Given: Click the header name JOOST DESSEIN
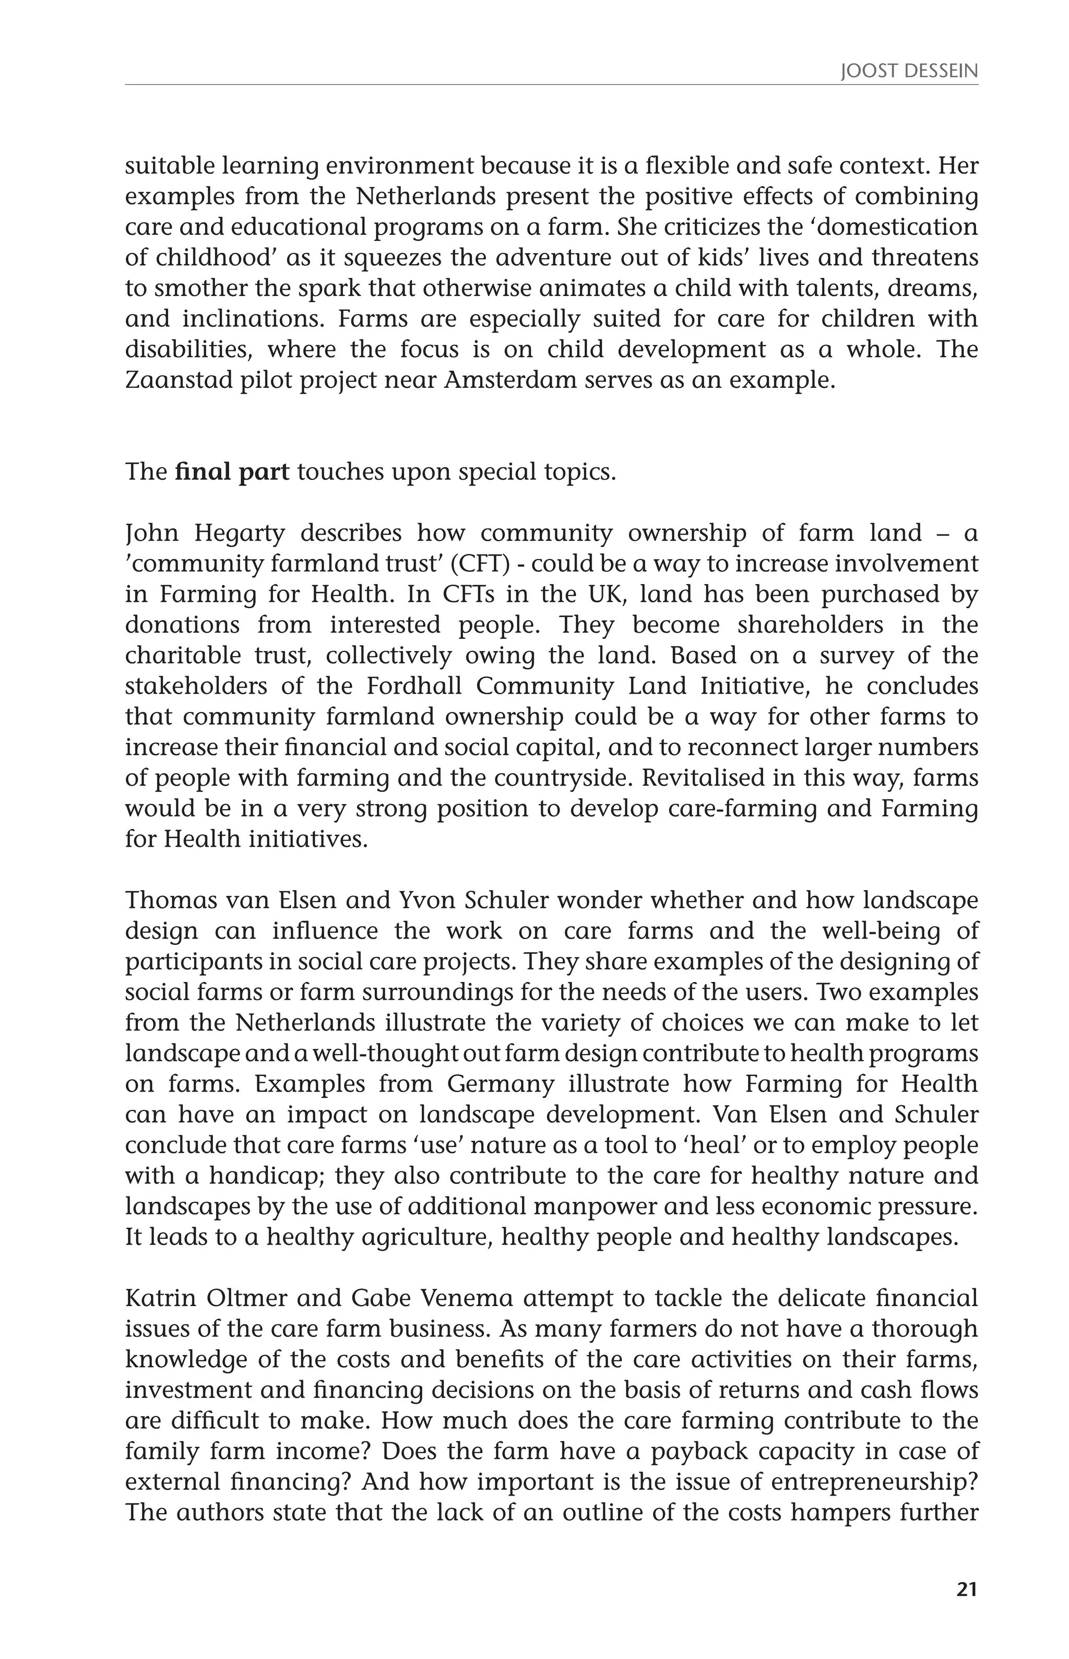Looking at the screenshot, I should point(909,72).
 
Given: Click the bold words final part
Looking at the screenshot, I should point(233,472).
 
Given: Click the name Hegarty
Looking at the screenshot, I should point(240,533).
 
